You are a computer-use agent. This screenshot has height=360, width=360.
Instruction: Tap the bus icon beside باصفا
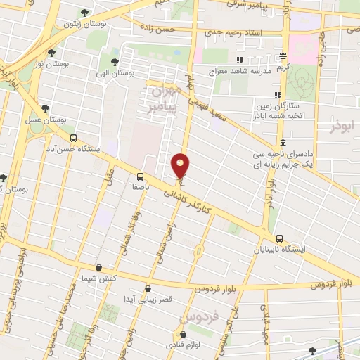click(x=140, y=177)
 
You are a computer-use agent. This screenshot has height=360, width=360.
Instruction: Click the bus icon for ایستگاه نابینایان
click(x=280, y=238)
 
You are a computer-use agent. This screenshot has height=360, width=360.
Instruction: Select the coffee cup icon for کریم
click(x=283, y=56)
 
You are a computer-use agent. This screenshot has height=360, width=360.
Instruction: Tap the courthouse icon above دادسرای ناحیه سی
click(x=282, y=143)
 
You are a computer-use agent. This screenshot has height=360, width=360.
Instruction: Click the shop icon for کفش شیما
click(x=98, y=267)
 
